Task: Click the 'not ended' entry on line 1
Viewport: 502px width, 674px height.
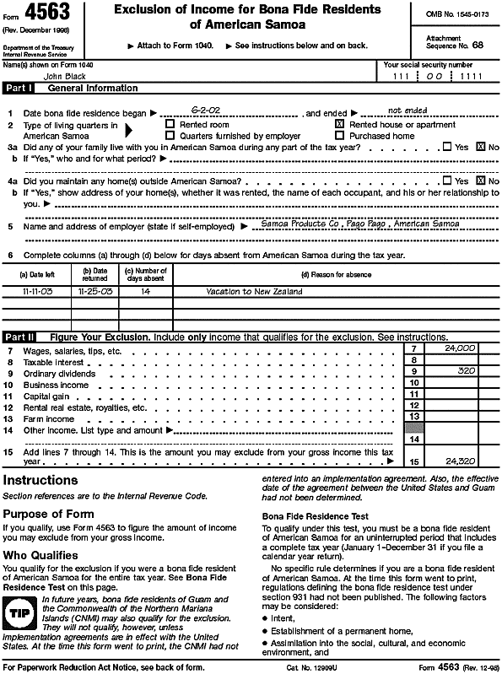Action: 407,111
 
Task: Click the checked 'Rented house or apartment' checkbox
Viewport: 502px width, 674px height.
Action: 340,124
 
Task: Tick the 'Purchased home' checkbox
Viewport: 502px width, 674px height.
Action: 340,135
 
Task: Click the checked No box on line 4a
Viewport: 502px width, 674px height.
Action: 481,181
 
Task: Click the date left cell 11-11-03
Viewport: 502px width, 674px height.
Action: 37,291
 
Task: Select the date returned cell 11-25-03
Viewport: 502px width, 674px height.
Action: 94,291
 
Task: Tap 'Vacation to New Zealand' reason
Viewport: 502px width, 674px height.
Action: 254,291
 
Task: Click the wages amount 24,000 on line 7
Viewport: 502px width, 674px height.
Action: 460,348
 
